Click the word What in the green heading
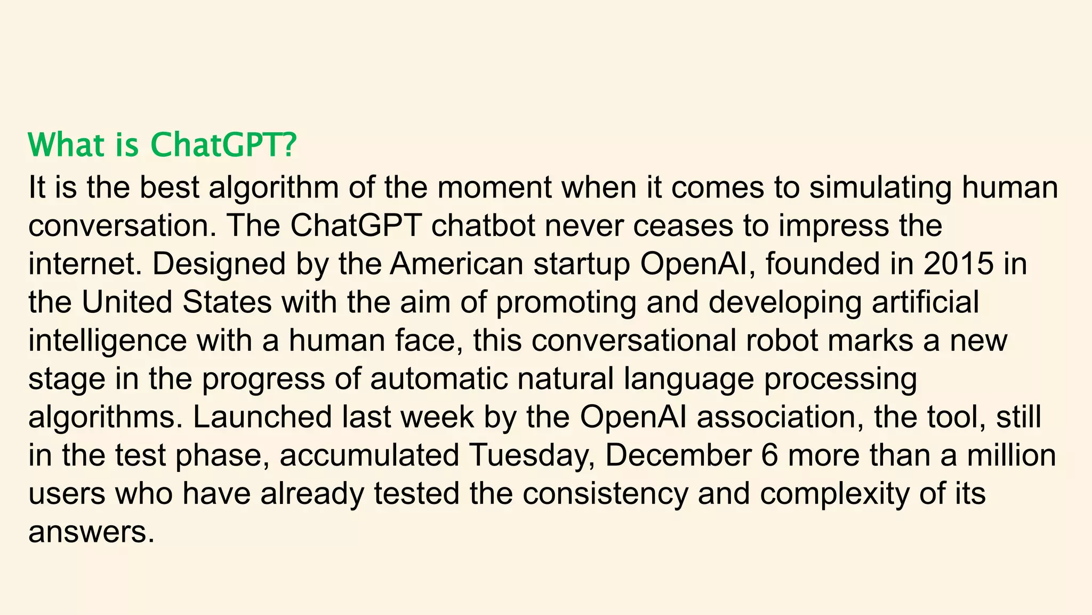pyautogui.click(x=66, y=145)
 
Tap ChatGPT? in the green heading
pyautogui.click(x=222, y=145)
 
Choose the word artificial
pyautogui.click(x=926, y=302)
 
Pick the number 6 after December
pyautogui.click(x=769, y=456)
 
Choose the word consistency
pyautogui.click(x=605, y=494)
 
